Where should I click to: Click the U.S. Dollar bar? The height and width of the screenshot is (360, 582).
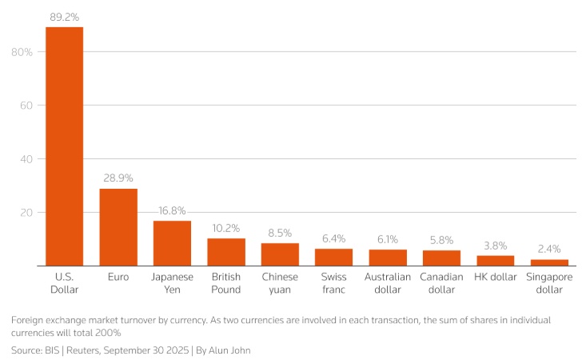click(x=64, y=146)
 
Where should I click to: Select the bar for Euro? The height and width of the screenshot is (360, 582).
click(x=118, y=227)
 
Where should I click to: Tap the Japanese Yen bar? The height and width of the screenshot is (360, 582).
click(x=172, y=243)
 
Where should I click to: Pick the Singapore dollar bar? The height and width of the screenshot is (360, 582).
click(x=549, y=262)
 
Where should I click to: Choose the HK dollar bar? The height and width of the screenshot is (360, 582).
click(x=496, y=261)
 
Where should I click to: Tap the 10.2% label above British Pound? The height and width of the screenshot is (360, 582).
click(x=226, y=228)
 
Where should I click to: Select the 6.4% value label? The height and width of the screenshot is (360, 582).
click(x=334, y=238)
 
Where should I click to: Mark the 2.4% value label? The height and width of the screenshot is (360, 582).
click(x=549, y=249)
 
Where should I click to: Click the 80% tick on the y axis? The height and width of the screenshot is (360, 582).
click(x=22, y=52)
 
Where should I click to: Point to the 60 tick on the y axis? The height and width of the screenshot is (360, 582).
click(x=26, y=106)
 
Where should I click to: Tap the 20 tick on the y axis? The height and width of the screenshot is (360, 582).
click(x=26, y=213)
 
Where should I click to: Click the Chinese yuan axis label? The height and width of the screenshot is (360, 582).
click(x=280, y=283)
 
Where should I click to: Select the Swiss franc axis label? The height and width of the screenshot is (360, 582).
click(x=334, y=283)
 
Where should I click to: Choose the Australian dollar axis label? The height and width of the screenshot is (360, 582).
click(x=388, y=283)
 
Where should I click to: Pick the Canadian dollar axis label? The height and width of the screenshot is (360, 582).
click(x=441, y=283)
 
